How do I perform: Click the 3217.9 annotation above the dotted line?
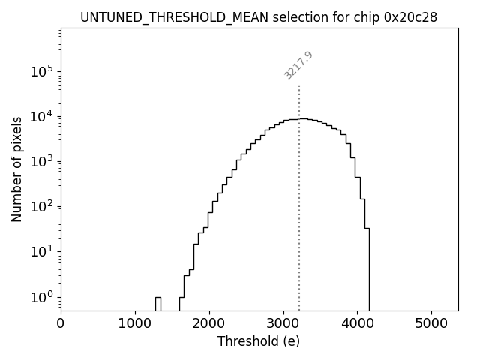(298, 65)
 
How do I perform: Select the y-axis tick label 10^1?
(43, 251)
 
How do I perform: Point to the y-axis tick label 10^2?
(43, 206)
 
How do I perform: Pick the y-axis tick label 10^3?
(43, 161)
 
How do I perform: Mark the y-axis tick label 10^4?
(43, 116)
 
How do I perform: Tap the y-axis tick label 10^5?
(43, 71)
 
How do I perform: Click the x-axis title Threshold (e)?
(259, 341)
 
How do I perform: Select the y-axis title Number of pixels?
(16, 169)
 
